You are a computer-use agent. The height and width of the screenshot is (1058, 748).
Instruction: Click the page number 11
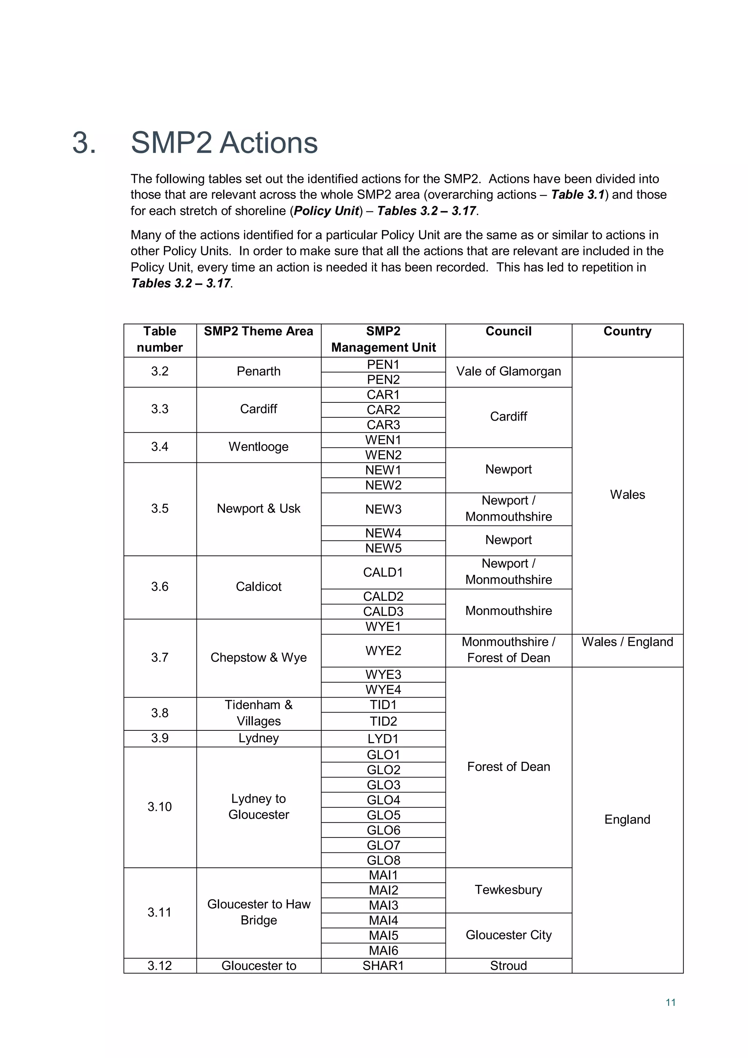click(671, 1002)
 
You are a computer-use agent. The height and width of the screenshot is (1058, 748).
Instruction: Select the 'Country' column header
click(627, 331)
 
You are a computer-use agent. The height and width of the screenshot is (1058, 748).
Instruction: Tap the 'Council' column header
click(508, 331)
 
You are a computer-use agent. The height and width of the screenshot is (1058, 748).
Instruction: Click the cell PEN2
click(383, 380)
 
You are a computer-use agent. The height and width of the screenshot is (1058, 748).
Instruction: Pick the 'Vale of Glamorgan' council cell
click(508, 371)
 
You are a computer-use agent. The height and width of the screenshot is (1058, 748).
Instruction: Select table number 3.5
click(160, 509)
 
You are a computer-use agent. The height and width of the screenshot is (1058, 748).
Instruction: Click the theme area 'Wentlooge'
click(258, 447)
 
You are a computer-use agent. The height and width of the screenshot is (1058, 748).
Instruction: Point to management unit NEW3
click(383, 509)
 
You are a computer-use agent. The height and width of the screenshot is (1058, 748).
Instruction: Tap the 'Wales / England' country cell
click(627, 642)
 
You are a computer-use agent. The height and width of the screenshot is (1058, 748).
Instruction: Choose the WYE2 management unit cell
click(383, 651)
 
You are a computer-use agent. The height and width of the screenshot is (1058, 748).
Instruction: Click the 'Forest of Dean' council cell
click(508, 767)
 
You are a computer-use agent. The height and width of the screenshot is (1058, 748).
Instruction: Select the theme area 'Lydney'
click(258, 738)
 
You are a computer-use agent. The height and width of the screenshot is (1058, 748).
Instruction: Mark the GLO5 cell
click(383, 815)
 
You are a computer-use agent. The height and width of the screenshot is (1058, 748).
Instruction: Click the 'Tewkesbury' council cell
click(508, 890)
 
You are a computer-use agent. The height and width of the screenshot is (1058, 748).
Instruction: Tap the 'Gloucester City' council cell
click(508, 935)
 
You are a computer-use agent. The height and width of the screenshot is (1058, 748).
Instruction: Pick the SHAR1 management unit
click(383, 966)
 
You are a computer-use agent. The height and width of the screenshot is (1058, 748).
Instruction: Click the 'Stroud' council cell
click(508, 966)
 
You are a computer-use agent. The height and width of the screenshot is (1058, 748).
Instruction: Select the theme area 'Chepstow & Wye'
click(258, 658)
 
